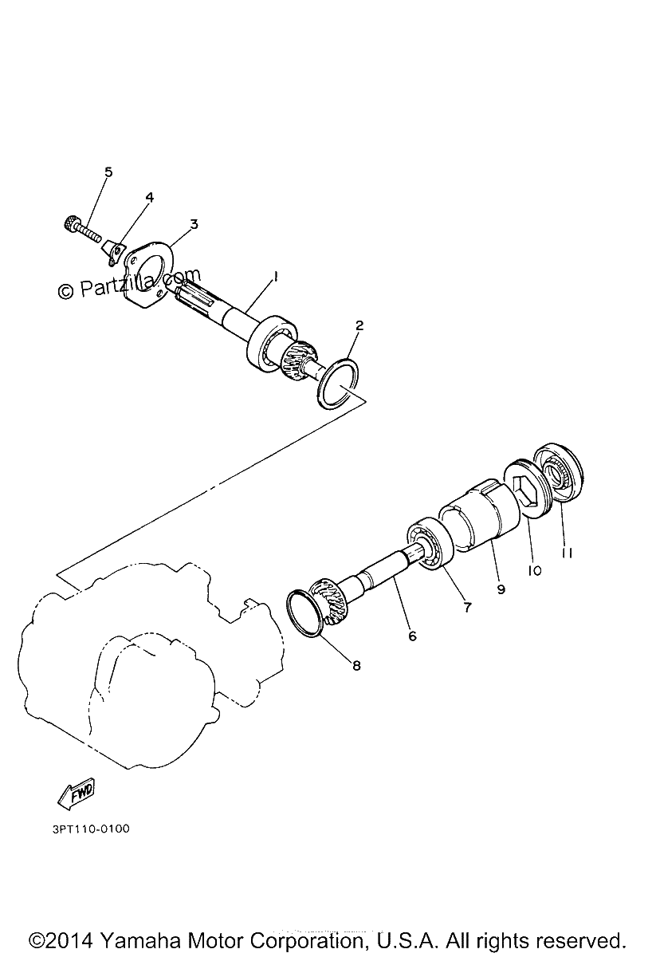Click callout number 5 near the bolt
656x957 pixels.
tap(108, 172)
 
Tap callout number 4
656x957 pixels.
tap(150, 198)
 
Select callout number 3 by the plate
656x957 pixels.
tap(194, 224)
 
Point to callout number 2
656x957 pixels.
tap(359, 325)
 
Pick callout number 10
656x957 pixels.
tap(534, 570)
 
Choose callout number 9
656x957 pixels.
tap(501, 589)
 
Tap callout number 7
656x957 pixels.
tap(468, 607)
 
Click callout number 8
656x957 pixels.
tap(356, 665)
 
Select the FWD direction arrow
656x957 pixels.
tap(77, 794)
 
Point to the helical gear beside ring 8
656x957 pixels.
tap(332, 602)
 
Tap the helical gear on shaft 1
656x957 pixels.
tap(299, 356)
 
